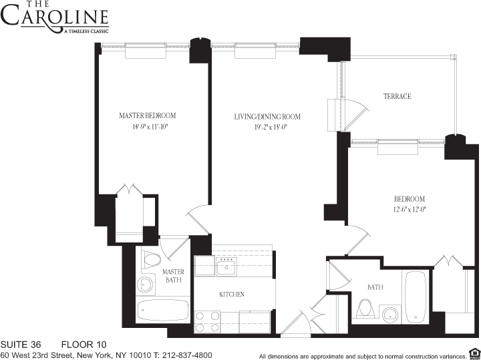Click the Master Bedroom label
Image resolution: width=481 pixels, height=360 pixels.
point(147,116)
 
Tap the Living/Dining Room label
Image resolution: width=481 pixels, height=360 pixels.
point(267,116)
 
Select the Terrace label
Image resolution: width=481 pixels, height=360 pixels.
point(397,96)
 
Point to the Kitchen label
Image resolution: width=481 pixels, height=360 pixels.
point(232,295)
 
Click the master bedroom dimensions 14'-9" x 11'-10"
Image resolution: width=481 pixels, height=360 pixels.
point(150,127)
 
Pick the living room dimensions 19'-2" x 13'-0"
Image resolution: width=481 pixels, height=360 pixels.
point(271,127)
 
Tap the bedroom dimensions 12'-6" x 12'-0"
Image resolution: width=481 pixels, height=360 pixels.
point(410,210)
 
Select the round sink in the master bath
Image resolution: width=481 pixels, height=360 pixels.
point(145,285)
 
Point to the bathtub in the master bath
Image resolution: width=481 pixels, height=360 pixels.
point(162,310)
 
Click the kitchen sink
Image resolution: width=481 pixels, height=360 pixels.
point(226,266)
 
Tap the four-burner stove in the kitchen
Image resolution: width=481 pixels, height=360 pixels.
point(207,322)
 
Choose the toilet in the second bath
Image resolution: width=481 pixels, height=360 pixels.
point(365,308)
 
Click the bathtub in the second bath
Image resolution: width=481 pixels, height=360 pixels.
point(416,297)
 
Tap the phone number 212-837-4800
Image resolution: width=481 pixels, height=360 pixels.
point(187,355)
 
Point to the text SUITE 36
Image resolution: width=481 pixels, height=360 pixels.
point(21,345)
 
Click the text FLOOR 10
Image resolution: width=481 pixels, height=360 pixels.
point(84,345)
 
